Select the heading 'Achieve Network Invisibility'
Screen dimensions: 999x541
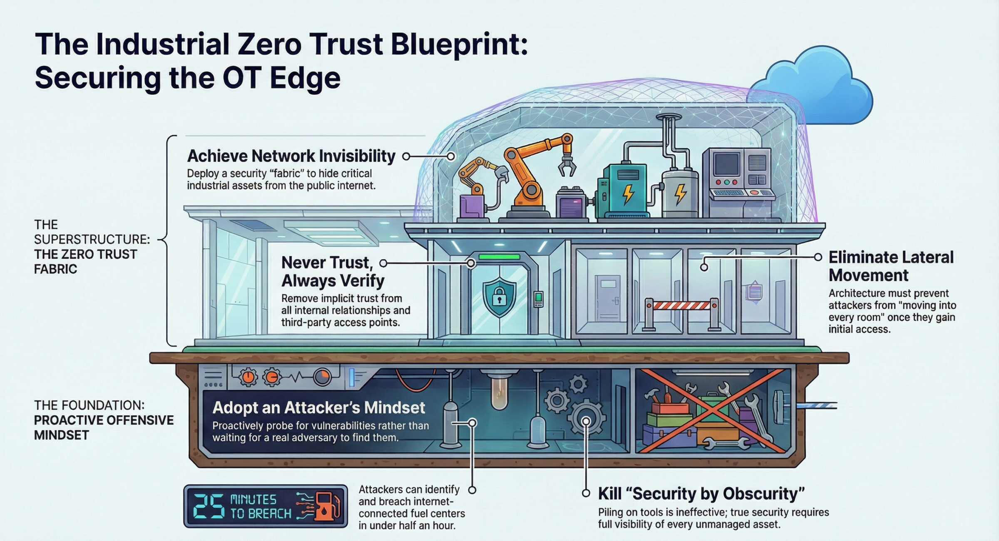point(291,156)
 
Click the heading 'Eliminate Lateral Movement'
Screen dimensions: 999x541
point(891,266)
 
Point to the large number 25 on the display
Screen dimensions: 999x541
point(209,506)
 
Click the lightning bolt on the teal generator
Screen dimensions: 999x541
point(628,194)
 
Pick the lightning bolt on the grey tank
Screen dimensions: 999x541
point(680,194)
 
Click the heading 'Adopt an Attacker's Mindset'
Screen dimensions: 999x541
point(318,407)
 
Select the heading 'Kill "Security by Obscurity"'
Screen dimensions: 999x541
point(701,494)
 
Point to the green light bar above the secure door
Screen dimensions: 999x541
point(499,257)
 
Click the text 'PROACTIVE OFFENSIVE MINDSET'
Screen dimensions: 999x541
point(104,427)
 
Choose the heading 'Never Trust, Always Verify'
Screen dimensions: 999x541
point(333,271)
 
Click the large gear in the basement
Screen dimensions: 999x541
point(586,421)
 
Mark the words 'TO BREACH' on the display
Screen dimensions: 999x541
point(261,514)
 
